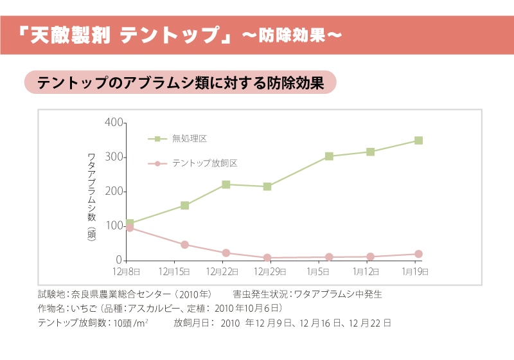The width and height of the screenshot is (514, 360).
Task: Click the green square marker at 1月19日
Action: click(x=418, y=140)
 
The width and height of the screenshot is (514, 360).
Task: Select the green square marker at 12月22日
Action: click(x=226, y=184)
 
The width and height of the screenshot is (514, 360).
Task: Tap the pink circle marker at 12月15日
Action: click(x=184, y=244)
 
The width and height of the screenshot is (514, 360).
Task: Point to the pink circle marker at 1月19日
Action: click(x=418, y=254)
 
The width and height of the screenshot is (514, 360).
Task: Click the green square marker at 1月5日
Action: click(x=329, y=156)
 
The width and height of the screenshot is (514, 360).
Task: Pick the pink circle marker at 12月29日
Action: click(x=267, y=258)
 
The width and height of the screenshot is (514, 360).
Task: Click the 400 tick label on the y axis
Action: click(x=112, y=122)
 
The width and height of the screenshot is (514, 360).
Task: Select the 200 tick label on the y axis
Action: click(x=112, y=192)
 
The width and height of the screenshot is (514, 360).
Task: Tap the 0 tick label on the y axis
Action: click(x=119, y=260)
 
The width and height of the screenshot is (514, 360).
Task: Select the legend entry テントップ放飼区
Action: click(x=204, y=163)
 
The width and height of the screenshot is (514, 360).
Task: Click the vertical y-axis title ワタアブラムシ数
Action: click(x=91, y=186)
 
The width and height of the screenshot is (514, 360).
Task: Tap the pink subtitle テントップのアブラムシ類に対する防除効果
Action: click(x=180, y=84)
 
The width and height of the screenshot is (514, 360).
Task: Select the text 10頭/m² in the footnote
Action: click(x=131, y=322)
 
